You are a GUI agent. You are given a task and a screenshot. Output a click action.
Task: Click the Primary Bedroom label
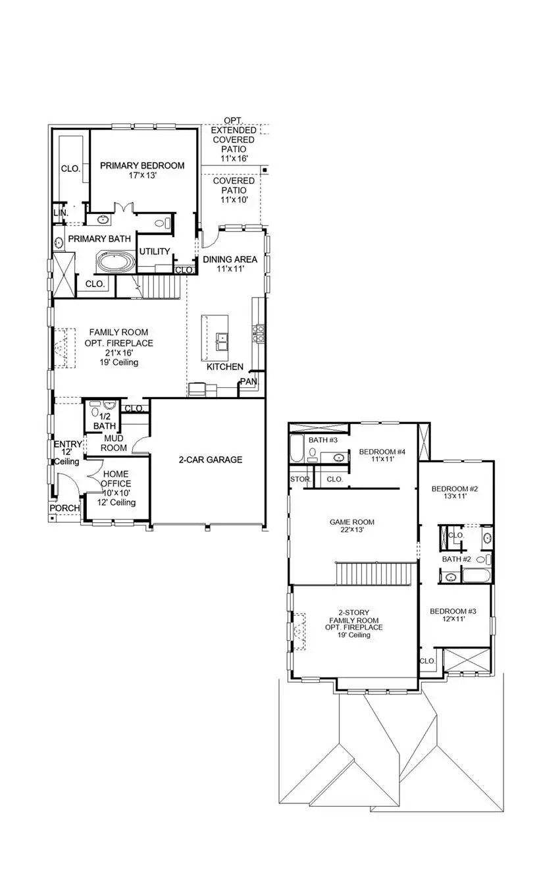tap(142, 166)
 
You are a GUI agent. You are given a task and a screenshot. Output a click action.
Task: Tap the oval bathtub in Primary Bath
tap(116, 262)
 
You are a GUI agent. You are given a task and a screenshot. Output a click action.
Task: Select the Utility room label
tap(155, 252)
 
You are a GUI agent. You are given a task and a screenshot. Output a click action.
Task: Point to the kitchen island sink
tap(222, 342)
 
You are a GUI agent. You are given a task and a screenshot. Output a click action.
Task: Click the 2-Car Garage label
tap(211, 460)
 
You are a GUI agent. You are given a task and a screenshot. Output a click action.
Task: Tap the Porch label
tap(65, 508)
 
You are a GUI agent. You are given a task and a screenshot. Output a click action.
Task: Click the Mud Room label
tap(113, 443)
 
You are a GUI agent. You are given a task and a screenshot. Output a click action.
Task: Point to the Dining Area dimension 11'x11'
tap(230, 270)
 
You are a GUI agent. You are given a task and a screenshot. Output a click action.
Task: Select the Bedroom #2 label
tap(453, 489)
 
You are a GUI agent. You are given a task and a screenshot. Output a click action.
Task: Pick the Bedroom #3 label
tap(452, 611)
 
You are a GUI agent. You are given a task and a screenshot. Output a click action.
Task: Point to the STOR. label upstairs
tap(300, 479)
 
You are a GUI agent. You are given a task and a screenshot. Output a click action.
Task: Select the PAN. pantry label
tap(249, 381)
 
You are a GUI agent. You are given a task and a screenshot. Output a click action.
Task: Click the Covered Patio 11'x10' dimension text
tap(234, 200)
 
